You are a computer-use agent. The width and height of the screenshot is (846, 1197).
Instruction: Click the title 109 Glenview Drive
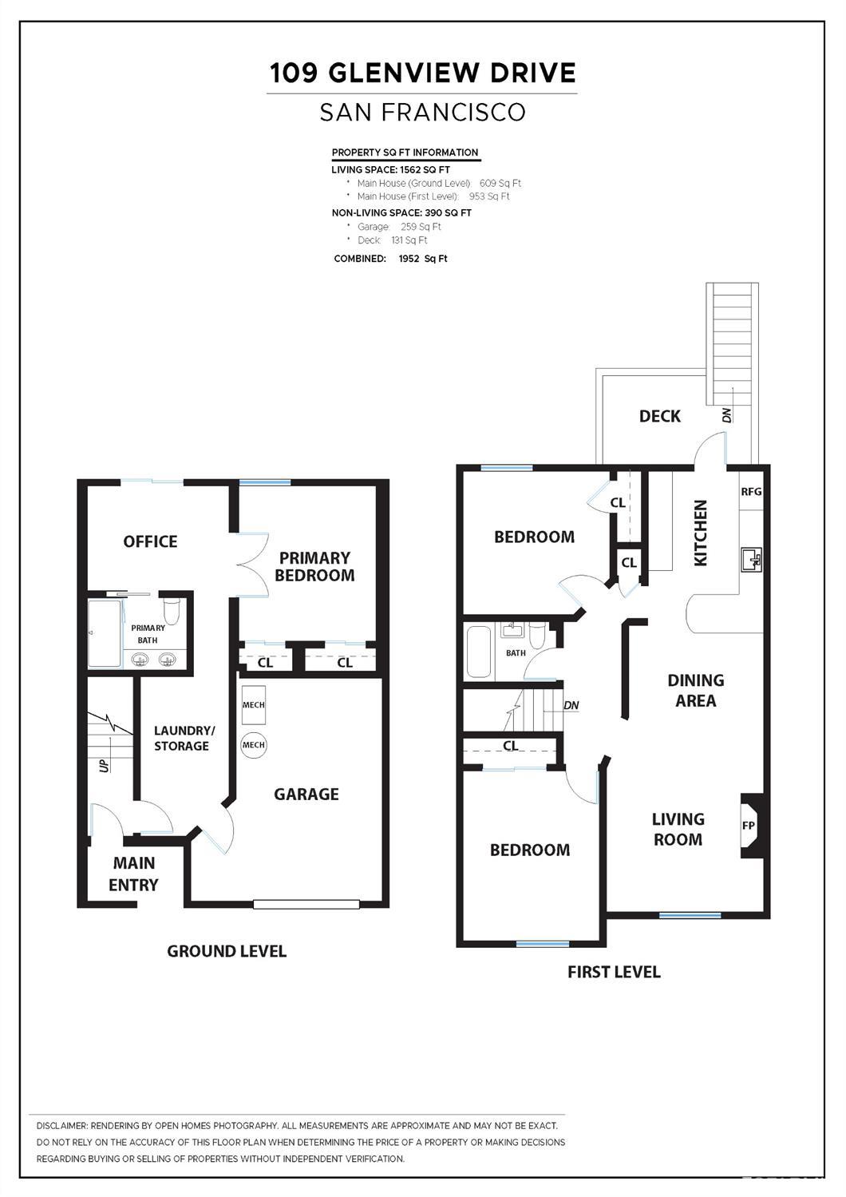coord(422,73)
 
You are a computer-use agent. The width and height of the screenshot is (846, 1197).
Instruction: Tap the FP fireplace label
coord(749,826)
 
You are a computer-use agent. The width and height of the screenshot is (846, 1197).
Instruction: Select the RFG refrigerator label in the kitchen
coord(751,492)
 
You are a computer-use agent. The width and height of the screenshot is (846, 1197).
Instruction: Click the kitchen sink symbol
coord(752,560)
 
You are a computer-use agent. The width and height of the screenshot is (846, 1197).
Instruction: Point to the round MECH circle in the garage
coord(253,745)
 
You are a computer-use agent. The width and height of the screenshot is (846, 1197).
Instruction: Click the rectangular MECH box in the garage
coord(253,705)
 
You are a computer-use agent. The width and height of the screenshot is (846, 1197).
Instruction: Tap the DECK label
coord(660,416)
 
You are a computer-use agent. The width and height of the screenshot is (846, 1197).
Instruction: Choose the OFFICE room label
coord(150,541)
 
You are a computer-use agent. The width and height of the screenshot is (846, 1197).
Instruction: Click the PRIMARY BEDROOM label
coord(314,566)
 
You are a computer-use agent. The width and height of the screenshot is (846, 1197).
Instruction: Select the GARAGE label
coord(306,794)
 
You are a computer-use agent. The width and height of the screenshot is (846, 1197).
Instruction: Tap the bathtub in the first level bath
coord(479,652)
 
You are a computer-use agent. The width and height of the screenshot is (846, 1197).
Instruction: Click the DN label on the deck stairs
coord(726,415)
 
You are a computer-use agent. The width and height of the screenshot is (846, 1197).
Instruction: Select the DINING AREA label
coord(696,690)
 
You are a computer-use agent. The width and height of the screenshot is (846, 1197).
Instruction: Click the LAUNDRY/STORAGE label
coord(184,738)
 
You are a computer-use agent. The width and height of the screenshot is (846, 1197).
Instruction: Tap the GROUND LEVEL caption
coord(227,951)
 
